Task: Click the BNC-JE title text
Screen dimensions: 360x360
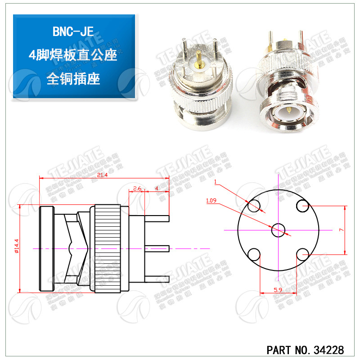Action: tap(74, 32)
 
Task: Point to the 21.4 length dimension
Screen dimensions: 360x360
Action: tap(102, 175)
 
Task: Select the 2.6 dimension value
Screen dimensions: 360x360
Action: tap(138, 188)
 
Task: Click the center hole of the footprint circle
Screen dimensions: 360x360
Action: tap(278, 230)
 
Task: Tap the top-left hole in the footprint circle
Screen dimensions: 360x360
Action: tap(254, 206)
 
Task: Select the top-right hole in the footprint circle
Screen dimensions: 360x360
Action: tap(302, 206)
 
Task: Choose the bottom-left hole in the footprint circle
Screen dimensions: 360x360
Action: tap(254, 254)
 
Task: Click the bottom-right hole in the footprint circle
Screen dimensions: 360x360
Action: tap(302, 254)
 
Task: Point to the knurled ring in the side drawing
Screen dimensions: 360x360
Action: tap(107, 247)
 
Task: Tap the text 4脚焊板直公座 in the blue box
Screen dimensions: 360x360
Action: tap(73, 55)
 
